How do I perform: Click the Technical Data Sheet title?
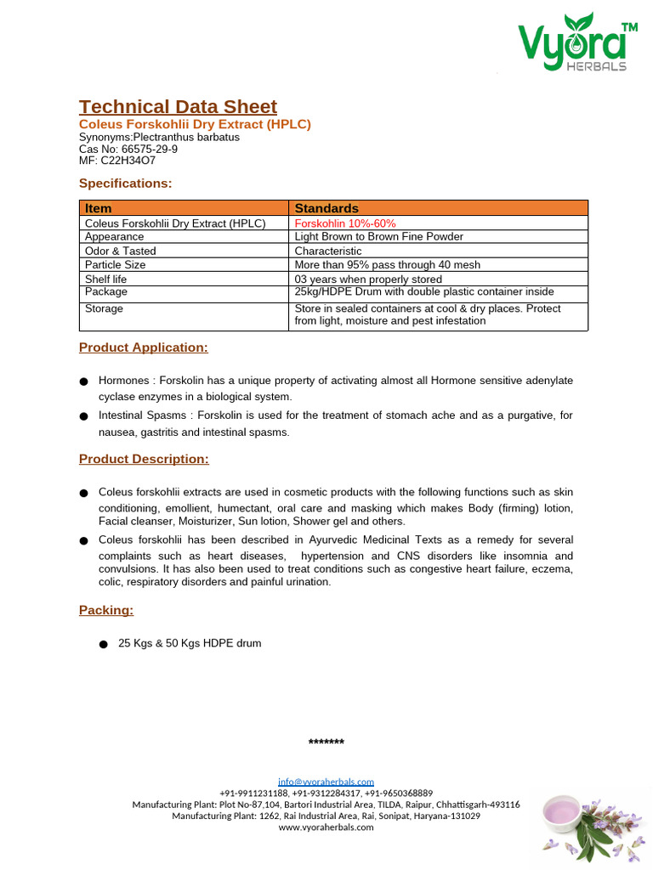(x=178, y=106)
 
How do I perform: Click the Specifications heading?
(x=125, y=183)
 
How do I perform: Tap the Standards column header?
(x=326, y=208)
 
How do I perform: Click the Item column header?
(x=99, y=208)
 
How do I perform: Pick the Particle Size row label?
(x=116, y=265)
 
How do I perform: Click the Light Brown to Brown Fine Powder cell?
(x=378, y=237)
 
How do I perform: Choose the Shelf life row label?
(x=106, y=279)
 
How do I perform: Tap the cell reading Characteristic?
(x=328, y=251)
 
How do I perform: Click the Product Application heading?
(x=143, y=347)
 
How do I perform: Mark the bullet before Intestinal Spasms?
(x=83, y=416)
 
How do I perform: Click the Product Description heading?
(x=144, y=459)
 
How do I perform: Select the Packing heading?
(x=106, y=610)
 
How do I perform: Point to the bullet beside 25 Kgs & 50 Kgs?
(x=103, y=644)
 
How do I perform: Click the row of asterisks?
(x=326, y=743)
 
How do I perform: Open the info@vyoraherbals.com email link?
(x=326, y=782)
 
